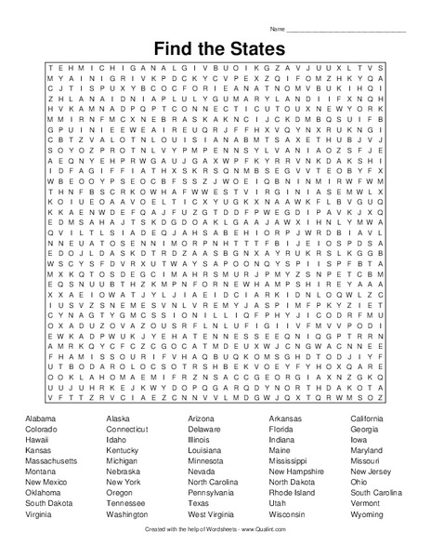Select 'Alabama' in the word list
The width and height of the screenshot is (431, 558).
click(x=41, y=419)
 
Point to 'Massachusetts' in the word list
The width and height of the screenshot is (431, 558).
click(x=51, y=460)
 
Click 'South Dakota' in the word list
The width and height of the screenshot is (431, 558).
click(x=47, y=503)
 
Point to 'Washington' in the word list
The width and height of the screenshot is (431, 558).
click(x=126, y=514)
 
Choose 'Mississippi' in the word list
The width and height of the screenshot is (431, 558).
click(x=288, y=460)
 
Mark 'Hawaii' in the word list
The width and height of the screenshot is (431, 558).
click(x=38, y=440)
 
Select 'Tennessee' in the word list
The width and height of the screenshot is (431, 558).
click(x=125, y=503)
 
